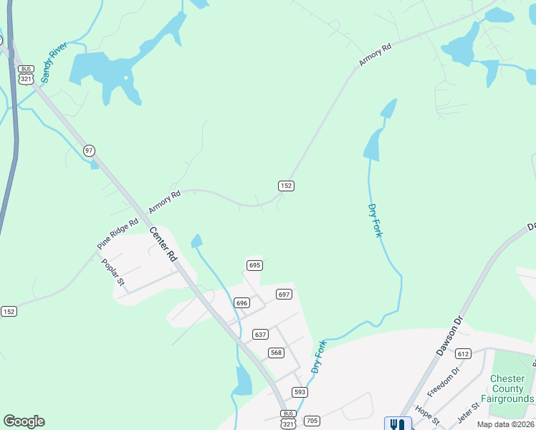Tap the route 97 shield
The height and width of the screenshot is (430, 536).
point(89,150)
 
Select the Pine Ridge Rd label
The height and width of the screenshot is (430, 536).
point(118,234)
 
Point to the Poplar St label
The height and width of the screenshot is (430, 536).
point(113,272)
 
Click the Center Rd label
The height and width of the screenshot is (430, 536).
point(163,244)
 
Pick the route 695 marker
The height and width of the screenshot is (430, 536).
point(254,265)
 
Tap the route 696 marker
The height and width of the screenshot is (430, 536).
point(241,303)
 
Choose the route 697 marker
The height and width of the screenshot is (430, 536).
point(284,295)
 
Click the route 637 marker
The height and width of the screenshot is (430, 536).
point(260,335)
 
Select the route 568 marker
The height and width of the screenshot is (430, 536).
point(276,353)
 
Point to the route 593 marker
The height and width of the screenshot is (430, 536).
point(300,392)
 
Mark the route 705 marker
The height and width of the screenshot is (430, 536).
point(312,421)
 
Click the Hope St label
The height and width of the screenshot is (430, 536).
point(426,414)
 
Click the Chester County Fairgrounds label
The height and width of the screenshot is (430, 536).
point(512,388)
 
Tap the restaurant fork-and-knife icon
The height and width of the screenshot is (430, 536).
point(398,424)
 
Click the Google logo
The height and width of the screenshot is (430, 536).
point(24,421)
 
